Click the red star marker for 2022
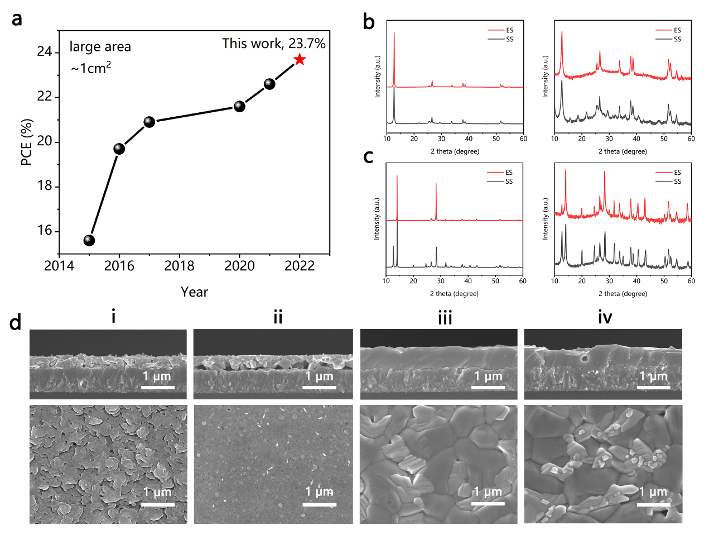coord(300,59)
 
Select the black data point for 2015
coord(89,240)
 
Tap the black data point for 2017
coord(149,122)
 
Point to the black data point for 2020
coord(239,106)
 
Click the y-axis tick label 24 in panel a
coord(45,52)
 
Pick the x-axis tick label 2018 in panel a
coord(179,266)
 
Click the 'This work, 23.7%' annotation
coord(273,44)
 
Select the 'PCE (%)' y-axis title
coord(26,142)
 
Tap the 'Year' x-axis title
coord(194,292)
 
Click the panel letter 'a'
coord(17,19)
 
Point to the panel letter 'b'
coord(368,22)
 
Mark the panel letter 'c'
coord(368,156)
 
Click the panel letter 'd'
coord(15,322)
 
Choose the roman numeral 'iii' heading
coord(445,318)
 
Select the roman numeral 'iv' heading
coord(605,318)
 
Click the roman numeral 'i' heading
coord(113,317)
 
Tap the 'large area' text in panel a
coord(100,47)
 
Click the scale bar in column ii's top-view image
coord(320,504)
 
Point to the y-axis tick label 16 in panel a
coord(45,231)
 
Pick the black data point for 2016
coord(119,149)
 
